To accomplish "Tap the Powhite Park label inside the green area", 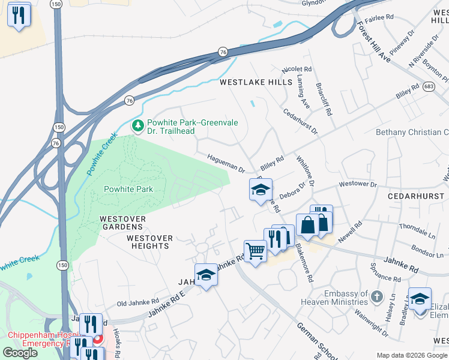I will coord(128,189).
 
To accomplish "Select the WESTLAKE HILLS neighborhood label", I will coord(256,82).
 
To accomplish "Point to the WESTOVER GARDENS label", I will coord(122,223).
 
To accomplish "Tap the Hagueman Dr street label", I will coord(226,161).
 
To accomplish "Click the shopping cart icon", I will coord(255,251).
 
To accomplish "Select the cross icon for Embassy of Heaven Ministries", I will coord(376,296).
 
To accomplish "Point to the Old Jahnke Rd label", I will coord(138,302).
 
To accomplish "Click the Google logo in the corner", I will coord(20,353).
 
